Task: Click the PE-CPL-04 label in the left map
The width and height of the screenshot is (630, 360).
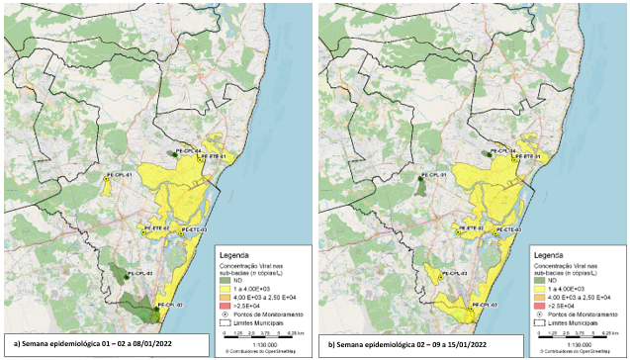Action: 188,150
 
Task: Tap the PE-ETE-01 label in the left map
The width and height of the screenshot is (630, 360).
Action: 215,157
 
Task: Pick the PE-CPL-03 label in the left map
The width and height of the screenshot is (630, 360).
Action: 138,272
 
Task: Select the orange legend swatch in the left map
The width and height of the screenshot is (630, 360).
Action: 224,298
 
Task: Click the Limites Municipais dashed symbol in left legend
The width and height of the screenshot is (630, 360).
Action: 224,322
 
